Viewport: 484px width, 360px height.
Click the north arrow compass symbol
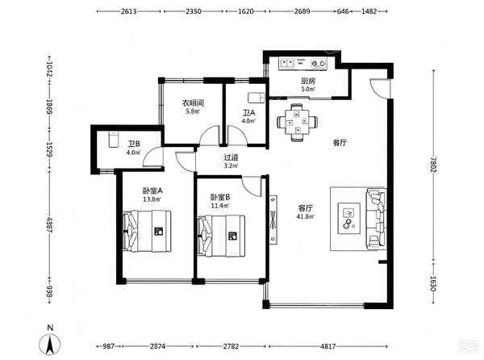tap(50, 344)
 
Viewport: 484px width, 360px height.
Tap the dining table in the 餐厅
tap(297, 122)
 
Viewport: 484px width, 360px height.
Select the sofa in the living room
tap(376, 219)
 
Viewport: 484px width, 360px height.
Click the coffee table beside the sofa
tap(349, 218)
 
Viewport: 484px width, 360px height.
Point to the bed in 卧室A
tap(147, 231)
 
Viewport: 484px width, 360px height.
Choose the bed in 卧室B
tap(221, 236)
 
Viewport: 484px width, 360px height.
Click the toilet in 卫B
tap(114, 140)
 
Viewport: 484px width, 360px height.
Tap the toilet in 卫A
tap(257, 97)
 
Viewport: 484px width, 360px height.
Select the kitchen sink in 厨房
tap(286, 63)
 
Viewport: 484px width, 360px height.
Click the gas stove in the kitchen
tap(319, 63)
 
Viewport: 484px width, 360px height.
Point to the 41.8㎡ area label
tap(305, 217)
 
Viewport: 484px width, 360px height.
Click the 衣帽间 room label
tap(193, 103)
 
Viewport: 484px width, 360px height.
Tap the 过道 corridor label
tap(231, 157)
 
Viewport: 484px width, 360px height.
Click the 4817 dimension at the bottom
tap(328, 346)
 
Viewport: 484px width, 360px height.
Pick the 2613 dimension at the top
tap(129, 11)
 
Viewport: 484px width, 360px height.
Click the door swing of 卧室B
tap(252, 186)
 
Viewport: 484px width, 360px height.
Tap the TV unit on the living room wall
tap(273, 220)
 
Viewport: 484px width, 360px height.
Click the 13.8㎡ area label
tap(152, 199)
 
